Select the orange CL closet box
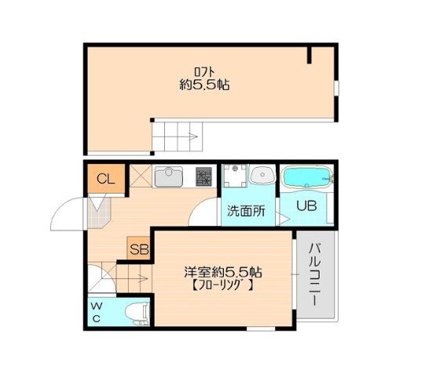[105, 180]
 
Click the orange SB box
[138, 249]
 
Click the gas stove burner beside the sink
[203, 178]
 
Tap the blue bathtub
[306, 179]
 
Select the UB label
[306, 207]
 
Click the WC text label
[94, 312]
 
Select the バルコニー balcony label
[313, 274]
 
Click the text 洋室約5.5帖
[223, 272]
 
